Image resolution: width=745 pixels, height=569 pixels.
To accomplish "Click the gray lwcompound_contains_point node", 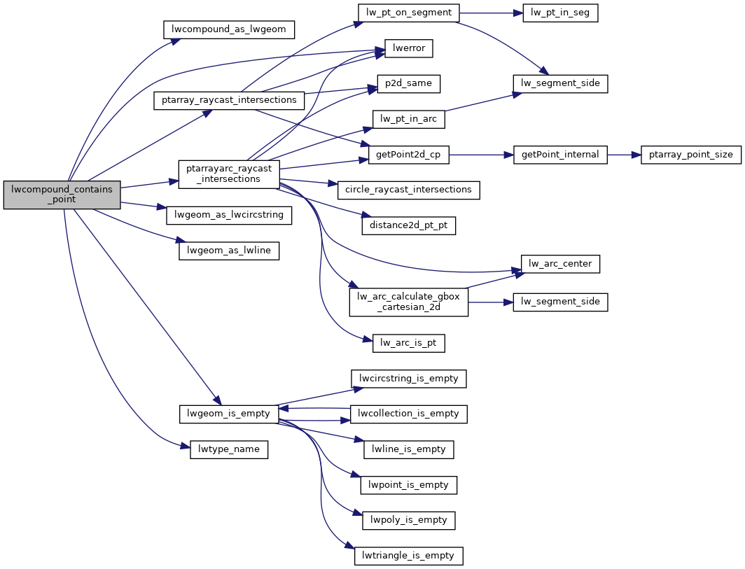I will click(62, 195).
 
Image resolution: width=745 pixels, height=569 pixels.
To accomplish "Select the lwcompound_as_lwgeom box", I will click(229, 29).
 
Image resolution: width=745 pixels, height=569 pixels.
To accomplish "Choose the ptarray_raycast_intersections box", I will click(229, 100).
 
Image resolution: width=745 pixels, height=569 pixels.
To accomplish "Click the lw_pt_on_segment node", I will click(409, 13).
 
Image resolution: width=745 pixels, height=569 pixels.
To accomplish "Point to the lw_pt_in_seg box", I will click(560, 13).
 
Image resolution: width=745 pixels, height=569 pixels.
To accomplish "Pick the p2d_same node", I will click(409, 84).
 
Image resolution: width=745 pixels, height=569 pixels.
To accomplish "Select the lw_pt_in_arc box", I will click(409, 119).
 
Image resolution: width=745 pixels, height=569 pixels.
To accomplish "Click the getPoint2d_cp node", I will click(409, 155).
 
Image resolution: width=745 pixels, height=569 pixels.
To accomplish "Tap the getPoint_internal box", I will click(560, 155).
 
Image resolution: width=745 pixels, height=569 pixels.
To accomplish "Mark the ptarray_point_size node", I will click(690, 155).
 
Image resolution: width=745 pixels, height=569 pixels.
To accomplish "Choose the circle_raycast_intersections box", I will click(409, 190).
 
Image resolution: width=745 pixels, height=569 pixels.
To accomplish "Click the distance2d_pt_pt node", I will click(409, 225).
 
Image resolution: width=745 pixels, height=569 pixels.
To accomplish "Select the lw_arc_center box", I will click(560, 264).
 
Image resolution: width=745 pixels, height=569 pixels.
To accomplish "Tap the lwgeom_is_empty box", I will click(229, 414).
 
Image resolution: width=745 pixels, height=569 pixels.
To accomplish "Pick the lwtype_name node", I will click(229, 449).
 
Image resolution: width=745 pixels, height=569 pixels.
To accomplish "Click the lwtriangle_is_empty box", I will click(409, 556).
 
